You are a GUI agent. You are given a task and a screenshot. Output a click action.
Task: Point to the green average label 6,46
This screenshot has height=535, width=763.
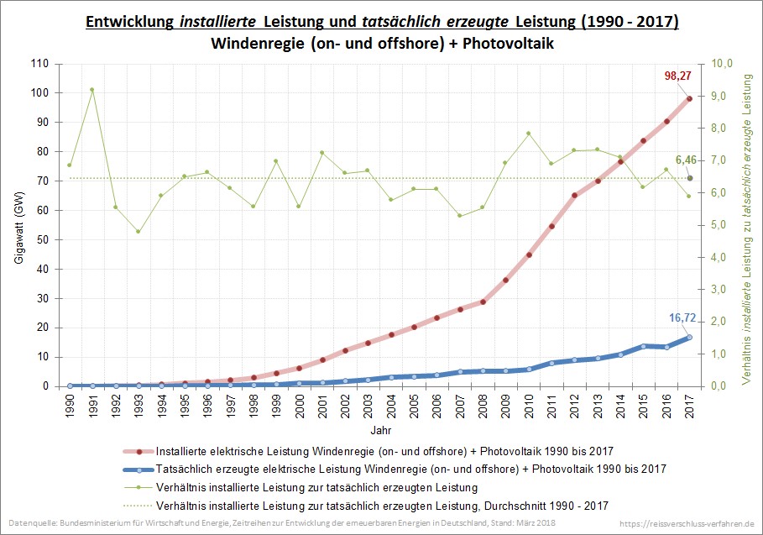(687, 159)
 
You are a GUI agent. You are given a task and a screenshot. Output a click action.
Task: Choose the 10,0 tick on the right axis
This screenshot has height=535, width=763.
(722, 63)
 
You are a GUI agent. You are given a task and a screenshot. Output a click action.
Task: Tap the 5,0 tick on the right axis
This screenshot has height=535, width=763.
(722, 225)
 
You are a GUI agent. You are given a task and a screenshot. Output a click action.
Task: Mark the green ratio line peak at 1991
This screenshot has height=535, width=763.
(92, 89)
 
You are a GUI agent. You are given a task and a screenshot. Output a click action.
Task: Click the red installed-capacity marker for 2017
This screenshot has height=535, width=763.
(689, 98)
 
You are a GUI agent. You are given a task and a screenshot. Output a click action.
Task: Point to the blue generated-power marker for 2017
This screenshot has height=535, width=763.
(689, 337)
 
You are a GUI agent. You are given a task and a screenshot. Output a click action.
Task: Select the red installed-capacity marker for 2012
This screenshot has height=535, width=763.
(574, 195)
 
